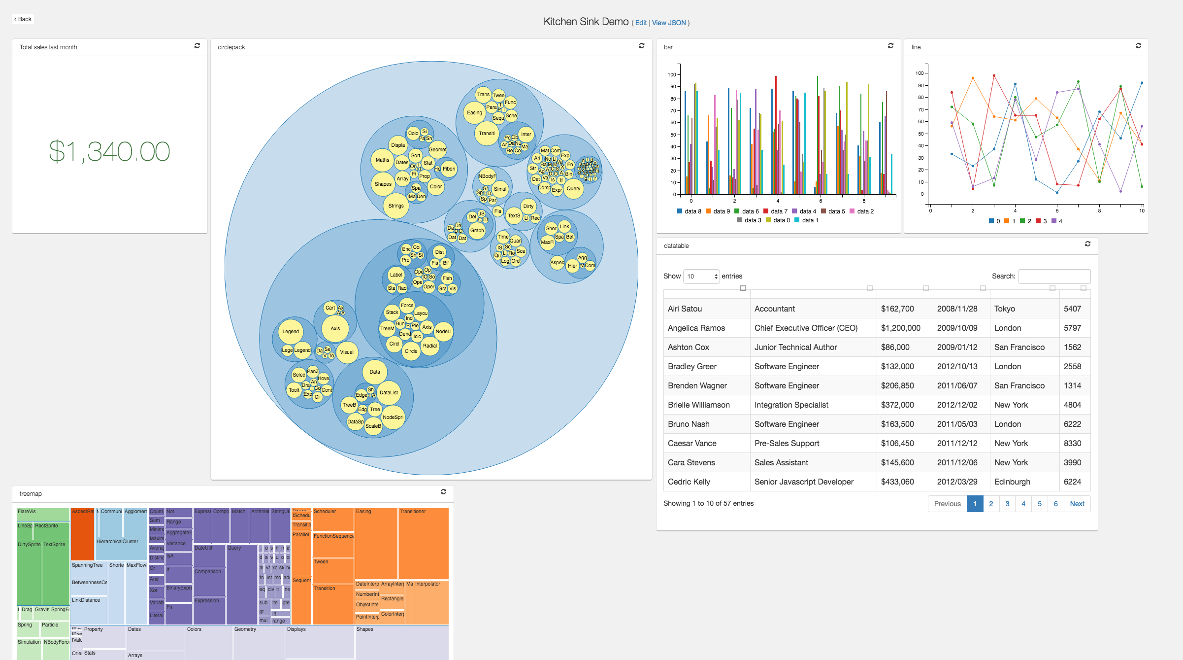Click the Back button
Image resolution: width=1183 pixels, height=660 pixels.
23,19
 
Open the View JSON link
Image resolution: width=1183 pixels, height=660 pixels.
669,23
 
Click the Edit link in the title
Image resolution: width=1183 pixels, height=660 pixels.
641,23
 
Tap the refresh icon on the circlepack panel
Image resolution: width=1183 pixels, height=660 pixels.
641,46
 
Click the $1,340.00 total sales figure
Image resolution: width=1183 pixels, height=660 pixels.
109,151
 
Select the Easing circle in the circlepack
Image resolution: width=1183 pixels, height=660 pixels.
474,113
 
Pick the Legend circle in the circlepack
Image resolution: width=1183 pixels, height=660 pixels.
291,332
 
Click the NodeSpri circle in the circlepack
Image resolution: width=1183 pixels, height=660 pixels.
393,417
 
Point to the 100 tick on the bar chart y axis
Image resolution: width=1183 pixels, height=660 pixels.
672,74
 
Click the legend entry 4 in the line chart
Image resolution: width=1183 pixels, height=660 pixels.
1057,221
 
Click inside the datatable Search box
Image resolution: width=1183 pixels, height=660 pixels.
1054,276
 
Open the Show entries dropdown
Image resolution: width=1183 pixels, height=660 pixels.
701,277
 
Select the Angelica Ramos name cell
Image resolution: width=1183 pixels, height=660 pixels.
696,328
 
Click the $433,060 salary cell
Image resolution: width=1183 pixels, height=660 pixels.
897,482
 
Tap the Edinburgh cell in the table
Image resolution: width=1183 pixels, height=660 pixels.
1012,482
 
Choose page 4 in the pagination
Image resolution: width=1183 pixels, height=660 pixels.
1023,504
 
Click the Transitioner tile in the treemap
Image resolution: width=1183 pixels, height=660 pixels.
423,542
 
